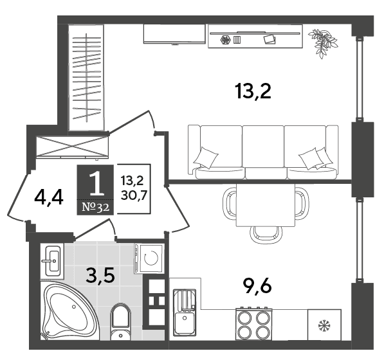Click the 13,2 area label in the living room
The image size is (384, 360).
pos(253,91)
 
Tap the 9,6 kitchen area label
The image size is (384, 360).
pos(257,286)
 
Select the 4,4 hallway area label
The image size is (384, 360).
pos(49,197)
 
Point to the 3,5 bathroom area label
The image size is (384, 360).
pos(100,276)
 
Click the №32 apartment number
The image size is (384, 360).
pos(95,208)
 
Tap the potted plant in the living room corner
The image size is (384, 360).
pos(323,44)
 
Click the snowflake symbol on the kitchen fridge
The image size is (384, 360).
pos(324,326)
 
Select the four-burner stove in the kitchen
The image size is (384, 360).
pos(254,324)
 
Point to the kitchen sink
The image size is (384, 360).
pos(185,313)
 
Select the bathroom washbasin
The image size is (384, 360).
pos(52,262)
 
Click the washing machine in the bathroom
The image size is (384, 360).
pos(149,258)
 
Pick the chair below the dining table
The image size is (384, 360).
pos(266,235)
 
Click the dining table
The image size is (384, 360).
pos(266,205)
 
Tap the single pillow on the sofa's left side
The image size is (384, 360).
pos(206,158)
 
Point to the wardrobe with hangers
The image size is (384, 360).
pos(86,78)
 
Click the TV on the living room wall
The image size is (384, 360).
pos(174,34)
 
